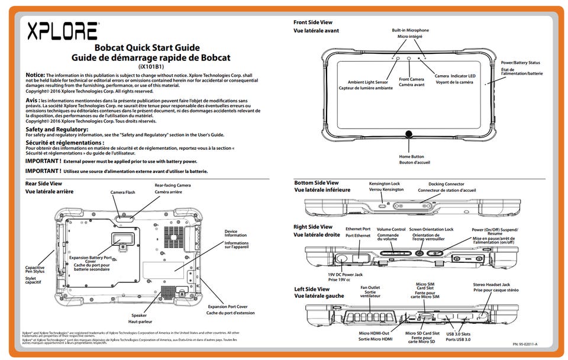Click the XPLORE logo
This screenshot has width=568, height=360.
click(x=62, y=31)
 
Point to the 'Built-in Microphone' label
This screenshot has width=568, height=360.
click(x=410, y=30)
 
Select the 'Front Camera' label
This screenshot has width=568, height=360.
click(x=411, y=79)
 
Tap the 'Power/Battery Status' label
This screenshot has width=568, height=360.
click(x=520, y=62)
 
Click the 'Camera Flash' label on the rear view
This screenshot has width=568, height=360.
click(x=123, y=192)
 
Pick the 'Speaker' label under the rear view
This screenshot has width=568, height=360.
click(x=139, y=316)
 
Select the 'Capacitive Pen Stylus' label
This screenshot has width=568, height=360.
click(x=35, y=269)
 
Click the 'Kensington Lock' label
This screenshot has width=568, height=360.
click(x=385, y=184)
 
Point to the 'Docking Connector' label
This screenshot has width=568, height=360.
click(x=446, y=184)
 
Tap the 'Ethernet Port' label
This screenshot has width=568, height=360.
click(x=358, y=229)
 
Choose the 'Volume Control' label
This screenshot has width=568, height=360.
click(x=391, y=229)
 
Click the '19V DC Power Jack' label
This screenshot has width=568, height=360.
click(x=346, y=274)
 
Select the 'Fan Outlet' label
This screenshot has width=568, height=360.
click(x=370, y=288)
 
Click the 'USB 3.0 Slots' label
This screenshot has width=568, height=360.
click(x=459, y=334)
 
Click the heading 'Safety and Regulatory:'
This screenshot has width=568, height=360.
click(x=57, y=129)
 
